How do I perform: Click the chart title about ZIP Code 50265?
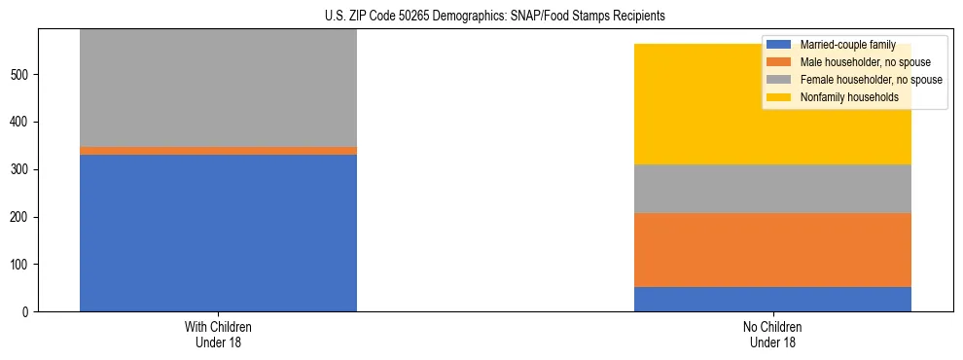coord(481,16)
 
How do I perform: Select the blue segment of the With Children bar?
coord(218,233)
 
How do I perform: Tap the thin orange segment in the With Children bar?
coord(218,151)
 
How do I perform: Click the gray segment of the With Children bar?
coord(218,88)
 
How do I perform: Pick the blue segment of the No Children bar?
coord(772,299)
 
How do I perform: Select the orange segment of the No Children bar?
coord(772,250)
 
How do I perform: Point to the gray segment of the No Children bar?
coord(772,189)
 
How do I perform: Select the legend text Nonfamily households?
coord(848,97)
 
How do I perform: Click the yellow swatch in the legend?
coord(779,97)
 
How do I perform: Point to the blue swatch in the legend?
coord(779,45)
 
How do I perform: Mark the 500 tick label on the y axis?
coord(21,75)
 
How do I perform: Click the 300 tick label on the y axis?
coord(21,169)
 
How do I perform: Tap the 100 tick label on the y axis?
coord(21,265)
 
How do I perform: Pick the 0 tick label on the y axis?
coord(27,312)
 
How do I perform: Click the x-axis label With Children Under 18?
coord(218,334)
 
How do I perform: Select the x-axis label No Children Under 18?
coord(772,334)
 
